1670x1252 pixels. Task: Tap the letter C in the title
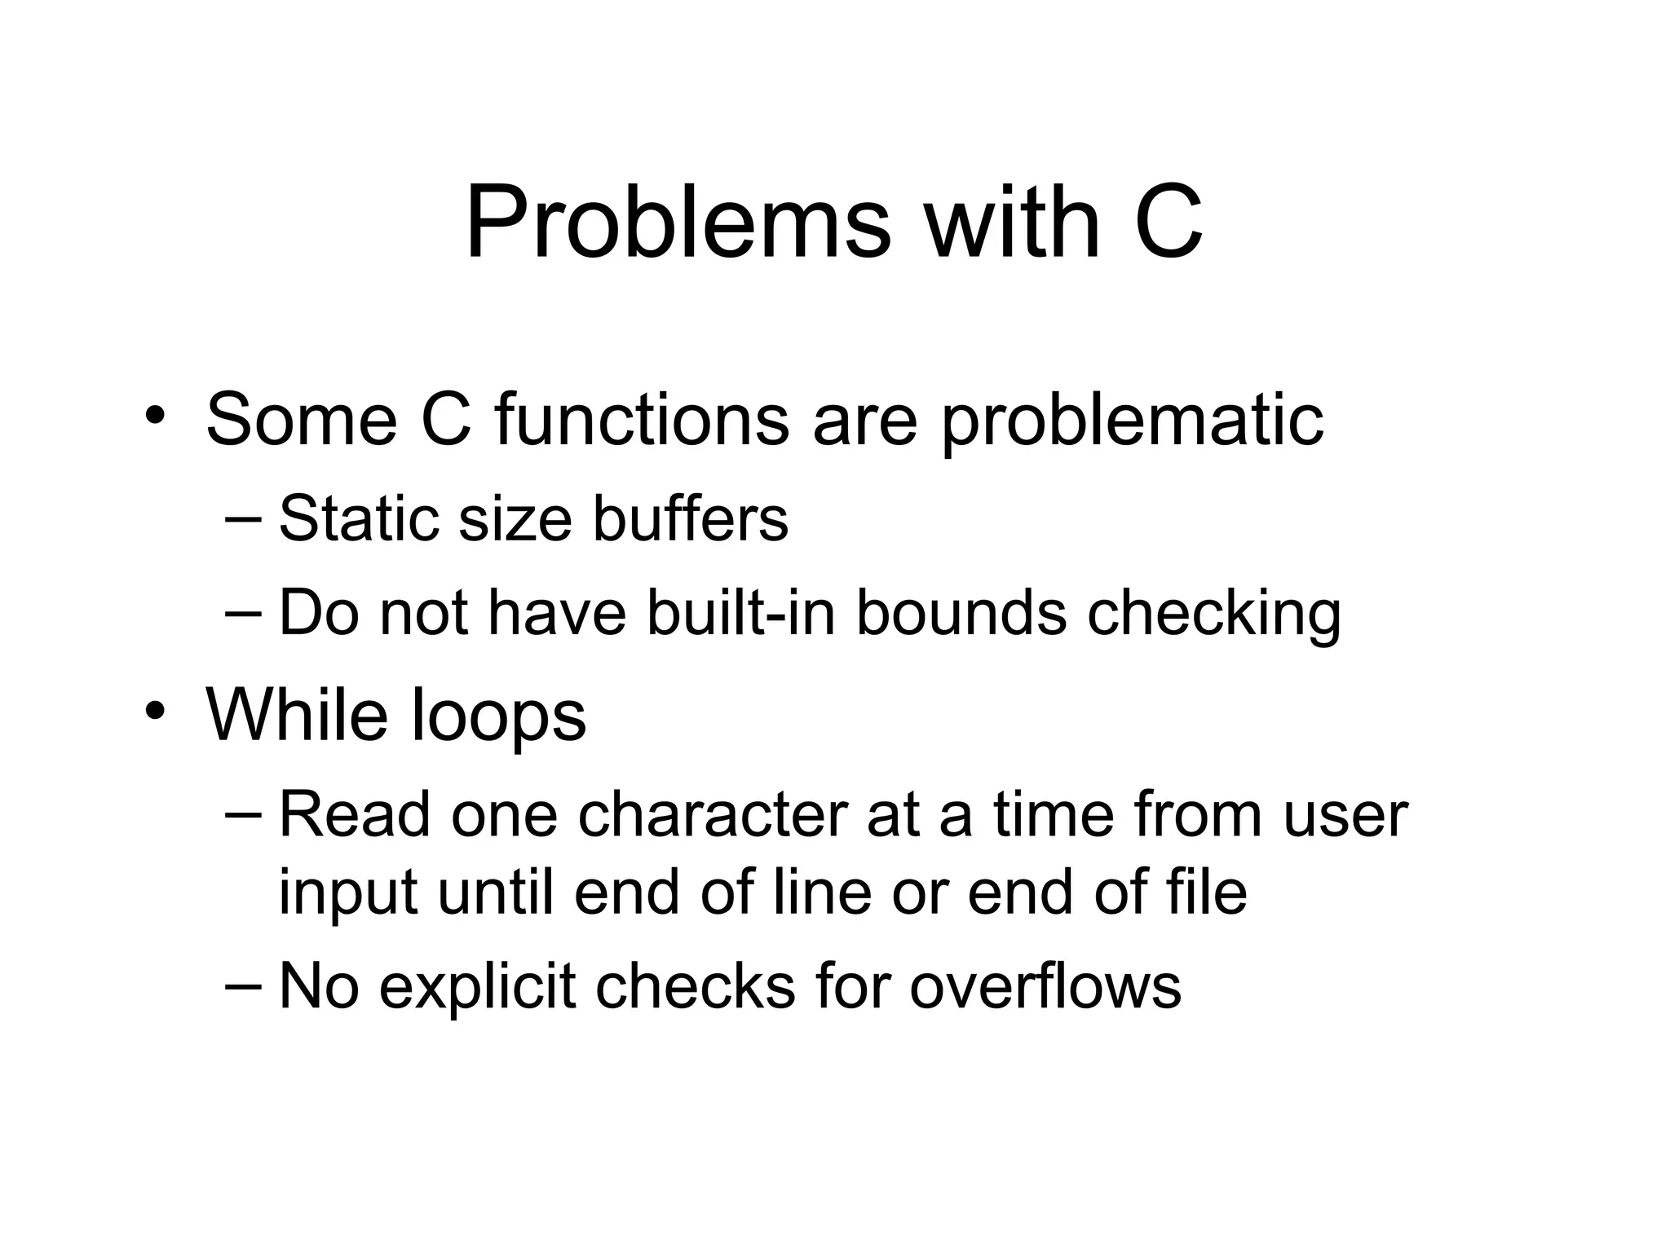tap(1168, 222)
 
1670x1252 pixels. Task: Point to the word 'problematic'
tap(1133, 422)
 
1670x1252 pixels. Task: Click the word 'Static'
tap(360, 518)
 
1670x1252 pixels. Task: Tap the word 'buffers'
tap(690, 518)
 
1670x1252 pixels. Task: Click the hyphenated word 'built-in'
tap(741, 613)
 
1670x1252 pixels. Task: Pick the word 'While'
tap(297, 714)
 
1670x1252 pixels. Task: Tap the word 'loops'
tap(498, 717)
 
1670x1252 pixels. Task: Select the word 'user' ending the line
tap(1345, 815)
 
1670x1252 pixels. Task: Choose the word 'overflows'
tap(1045, 986)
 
